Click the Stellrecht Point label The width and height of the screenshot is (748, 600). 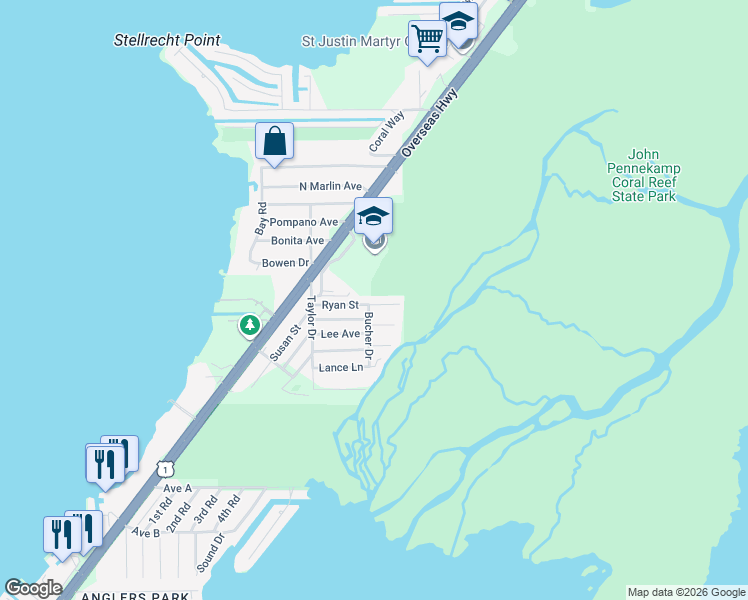[x=167, y=41]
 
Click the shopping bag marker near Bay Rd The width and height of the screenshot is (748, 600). [x=274, y=142]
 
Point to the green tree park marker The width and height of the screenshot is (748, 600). [x=249, y=325]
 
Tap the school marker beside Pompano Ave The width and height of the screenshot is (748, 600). [x=373, y=217]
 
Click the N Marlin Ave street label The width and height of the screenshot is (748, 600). [x=330, y=186]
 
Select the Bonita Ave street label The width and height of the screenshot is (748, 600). [x=297, y=241]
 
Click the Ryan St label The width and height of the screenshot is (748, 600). [x=340, y=305]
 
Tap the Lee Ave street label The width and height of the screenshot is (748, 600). [x=340, y=334]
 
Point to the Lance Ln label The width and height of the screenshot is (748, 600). [x=340, y=368]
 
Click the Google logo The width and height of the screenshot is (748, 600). [x=33, y=588]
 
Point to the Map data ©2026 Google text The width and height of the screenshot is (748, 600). [x=686, y=592]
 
